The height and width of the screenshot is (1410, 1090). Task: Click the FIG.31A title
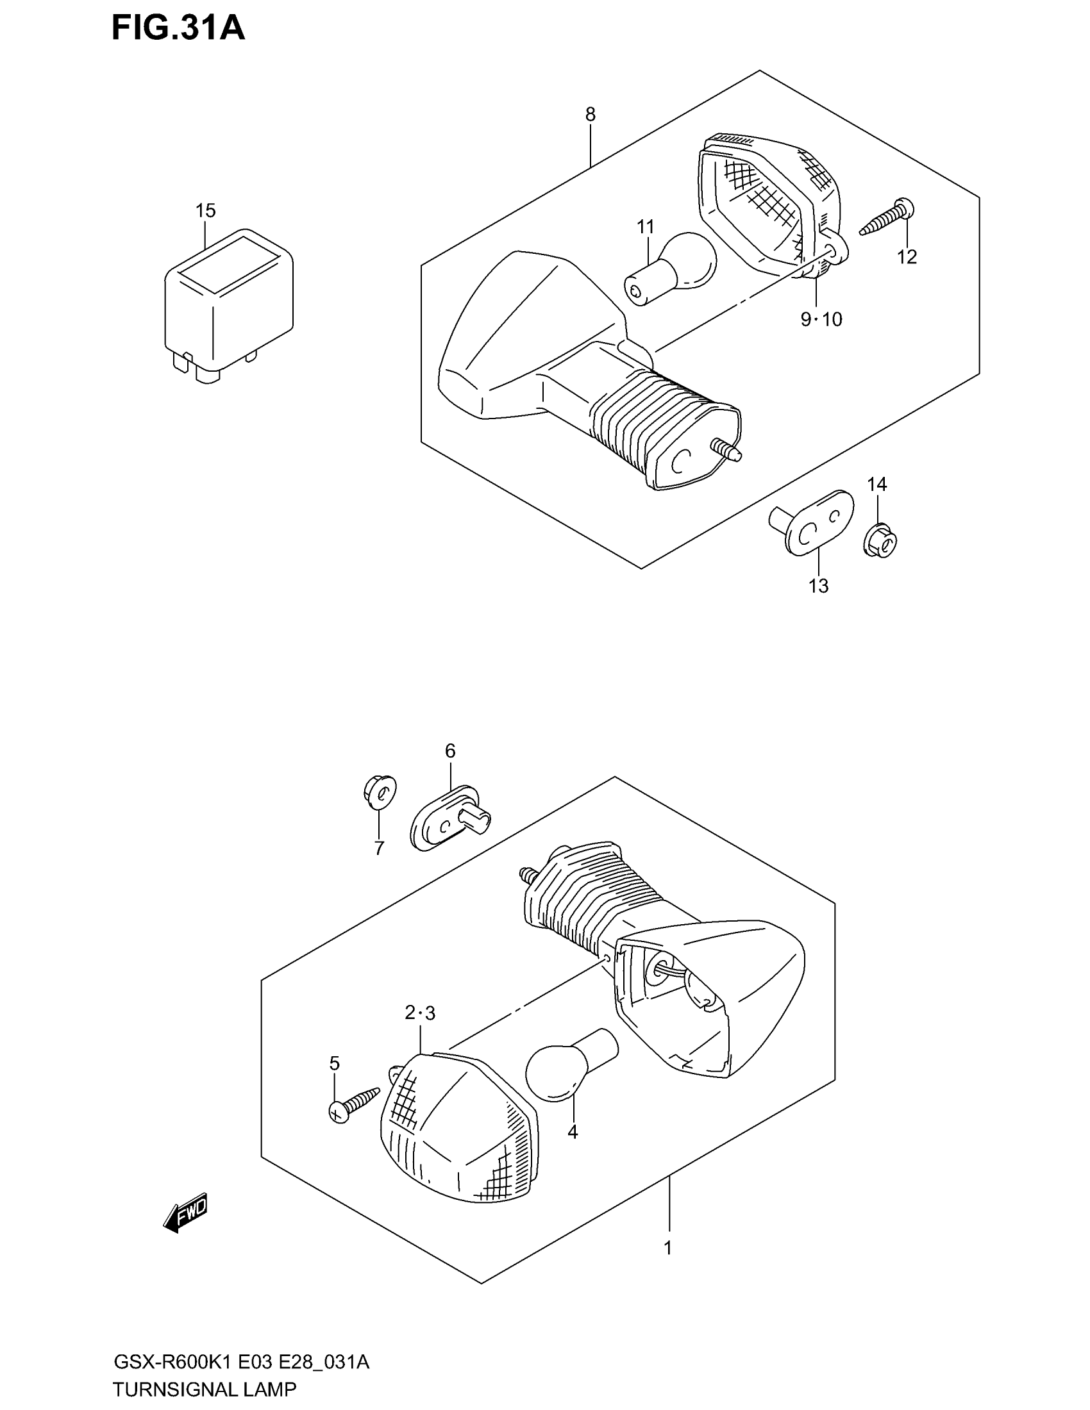pyautogui.click(x=178, y=28)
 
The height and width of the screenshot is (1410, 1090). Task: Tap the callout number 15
pyautogui.click(x=205, y=210)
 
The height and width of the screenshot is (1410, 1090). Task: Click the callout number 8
pyautogui.click(x=590, y=114)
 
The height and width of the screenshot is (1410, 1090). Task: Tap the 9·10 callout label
pyautogui.click(x=821, y=319)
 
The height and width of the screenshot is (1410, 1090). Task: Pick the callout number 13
pyautogui.click(x=818, y=586)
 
